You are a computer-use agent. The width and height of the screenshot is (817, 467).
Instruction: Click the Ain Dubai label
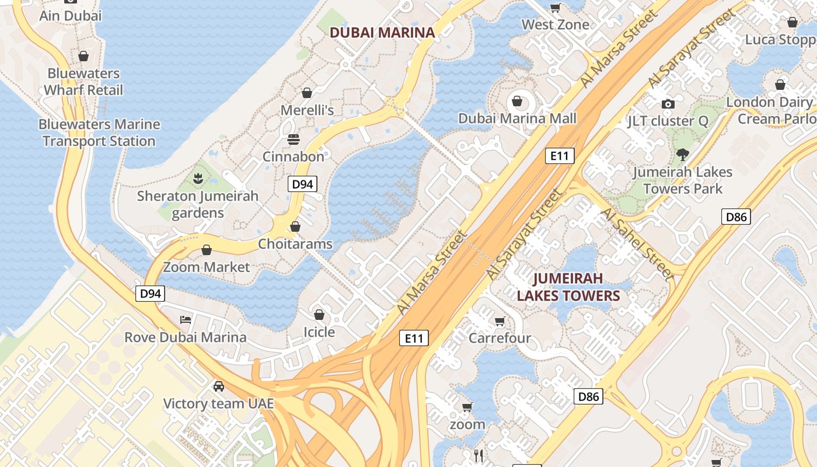pyautogui.click(x=70, y=16)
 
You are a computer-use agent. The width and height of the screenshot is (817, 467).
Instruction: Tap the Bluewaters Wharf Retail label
pyautogui.click(x=83, y=82)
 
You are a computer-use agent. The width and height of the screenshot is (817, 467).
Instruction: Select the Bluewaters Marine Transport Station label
pyautogui.click(x=99, y=133)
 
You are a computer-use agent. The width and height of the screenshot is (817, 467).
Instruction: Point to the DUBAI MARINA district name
pyautogui.click(x=382, y=33)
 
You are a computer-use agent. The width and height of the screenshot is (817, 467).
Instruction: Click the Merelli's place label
pyautogui.click(x=307, y=110)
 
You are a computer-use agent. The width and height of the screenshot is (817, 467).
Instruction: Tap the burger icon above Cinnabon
pyautogui.click(x=293, y=140)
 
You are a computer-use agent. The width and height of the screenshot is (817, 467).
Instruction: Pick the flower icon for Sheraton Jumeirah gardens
pyautogui.click(x=198, y=177)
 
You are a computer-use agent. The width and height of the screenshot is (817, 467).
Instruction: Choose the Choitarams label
pyautogui.click(x=295, y=244)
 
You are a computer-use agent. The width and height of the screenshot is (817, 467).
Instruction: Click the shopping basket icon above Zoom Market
pyautogui.click(x=206, y=250)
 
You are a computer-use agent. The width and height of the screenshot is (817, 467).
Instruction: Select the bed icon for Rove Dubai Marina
pyautogui.click(x=186, y=320)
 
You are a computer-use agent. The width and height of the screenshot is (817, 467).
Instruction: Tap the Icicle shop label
pyautogui.click(x=319, y=332)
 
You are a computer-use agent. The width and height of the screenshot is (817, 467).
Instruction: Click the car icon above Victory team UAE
pyautogui.click(x=218, y=386)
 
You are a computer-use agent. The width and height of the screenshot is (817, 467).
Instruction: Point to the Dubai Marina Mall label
pyautogui.click(x=517, y=119)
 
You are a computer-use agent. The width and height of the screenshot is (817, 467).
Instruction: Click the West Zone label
pyautogui.click(x=555, y=25)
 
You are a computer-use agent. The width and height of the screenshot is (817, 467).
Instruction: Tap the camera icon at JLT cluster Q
pyautogui.click(x=668, y=104)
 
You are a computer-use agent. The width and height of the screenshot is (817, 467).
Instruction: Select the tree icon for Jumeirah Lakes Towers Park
pyautogui.click(x=682, y=155)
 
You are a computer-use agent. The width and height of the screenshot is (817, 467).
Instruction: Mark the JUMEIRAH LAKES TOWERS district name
pyautogui.click(x=568, y=287)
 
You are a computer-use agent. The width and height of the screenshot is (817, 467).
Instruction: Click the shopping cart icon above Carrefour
pyautogui.click(x=500, y=322)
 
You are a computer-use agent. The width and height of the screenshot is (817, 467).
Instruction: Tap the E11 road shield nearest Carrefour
pyautogui.click(x=414, y=338)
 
